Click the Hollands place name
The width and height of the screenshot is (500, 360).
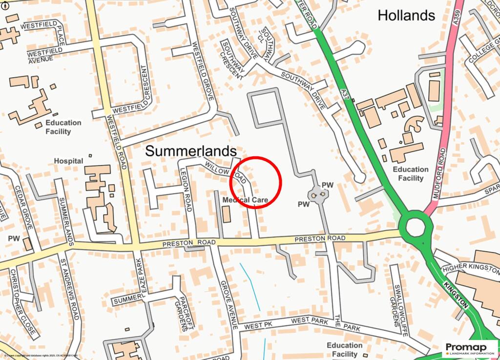[406, 16]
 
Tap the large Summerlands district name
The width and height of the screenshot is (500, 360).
[191, 151]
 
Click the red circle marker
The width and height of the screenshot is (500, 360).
[255, 182]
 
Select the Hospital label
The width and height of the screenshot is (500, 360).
[68, 161]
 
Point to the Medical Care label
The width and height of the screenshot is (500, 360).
[245, 200]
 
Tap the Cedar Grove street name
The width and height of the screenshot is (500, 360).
[23, 207]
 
